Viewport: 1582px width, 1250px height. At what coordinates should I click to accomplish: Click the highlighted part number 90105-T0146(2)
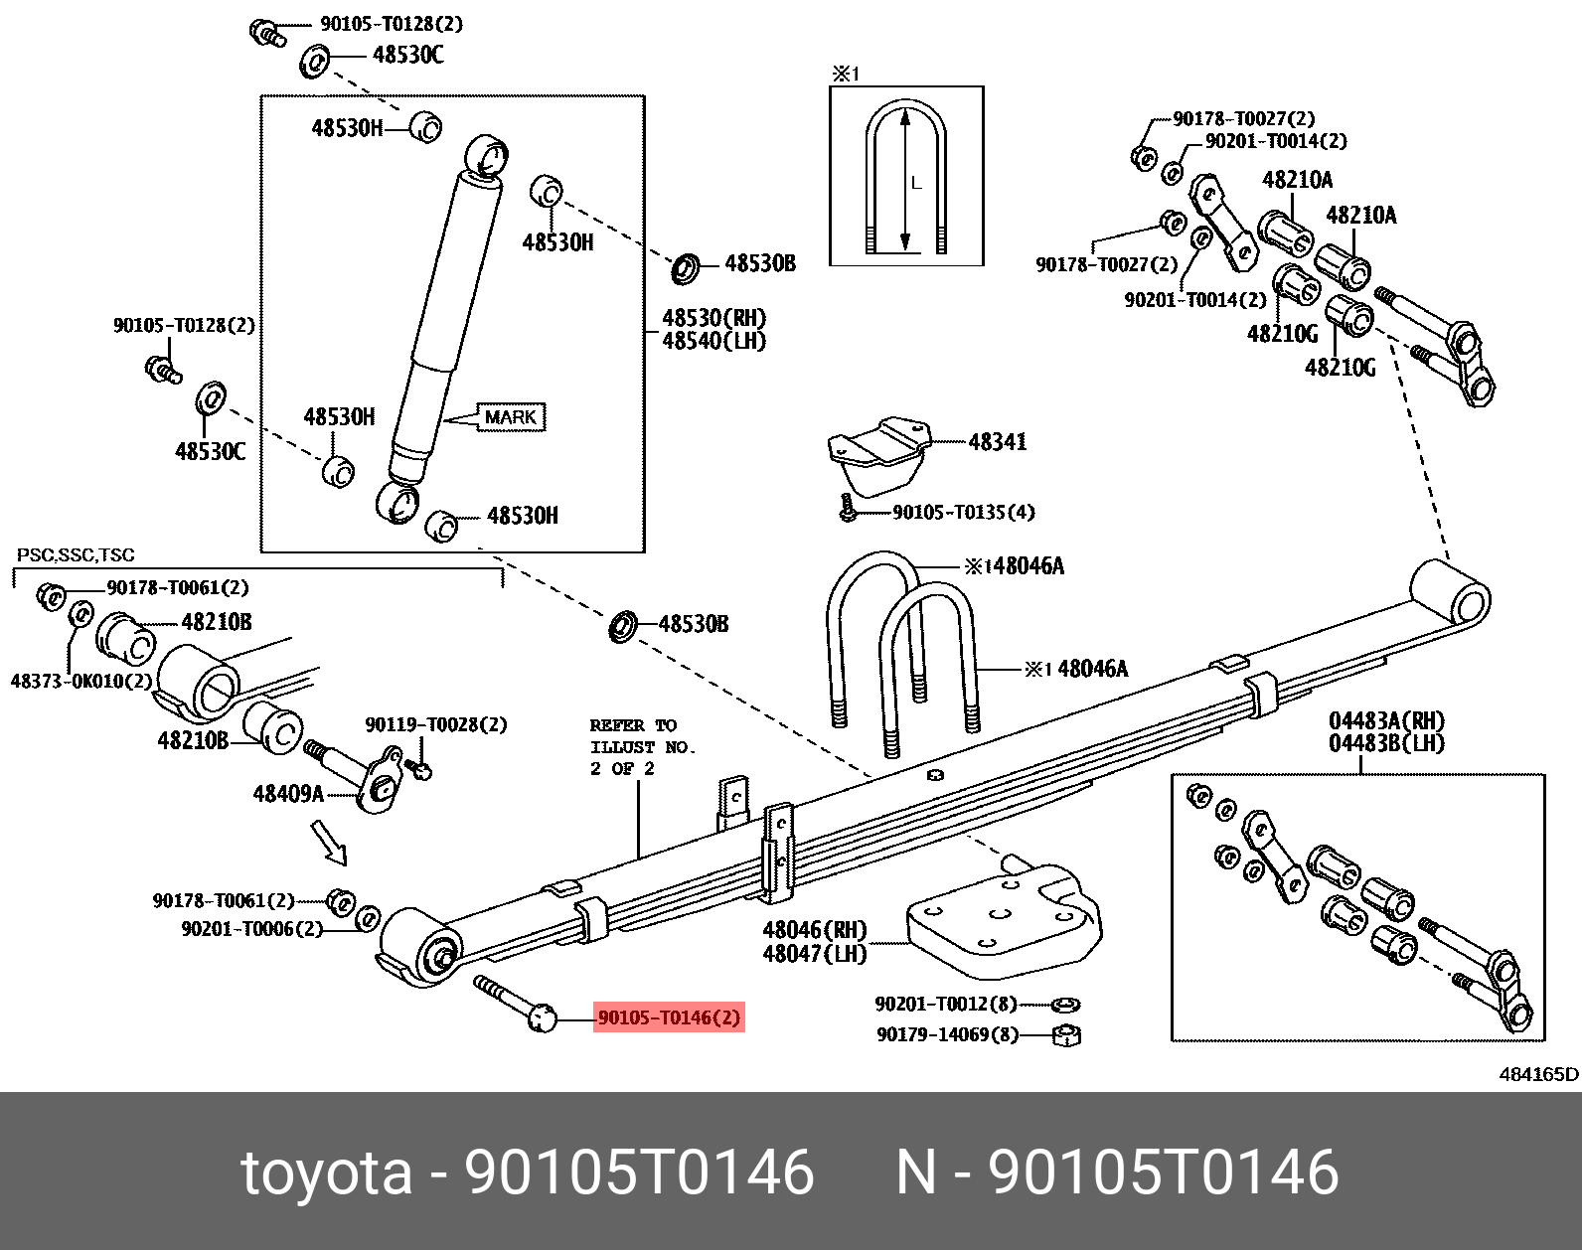[x=669, y=1017]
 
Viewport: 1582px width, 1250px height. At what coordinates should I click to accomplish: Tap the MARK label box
[x=511, y=417]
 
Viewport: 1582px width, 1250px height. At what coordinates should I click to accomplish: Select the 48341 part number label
[x=997, y=442]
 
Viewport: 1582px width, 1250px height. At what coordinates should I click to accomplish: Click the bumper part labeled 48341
[x=876, y=456]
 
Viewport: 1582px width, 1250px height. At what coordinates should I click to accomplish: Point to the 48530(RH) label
[x=713, y=318]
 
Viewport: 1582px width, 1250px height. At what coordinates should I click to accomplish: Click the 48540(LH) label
[x=713, y=341]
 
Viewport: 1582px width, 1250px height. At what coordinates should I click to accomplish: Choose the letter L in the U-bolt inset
[x=916, y=183]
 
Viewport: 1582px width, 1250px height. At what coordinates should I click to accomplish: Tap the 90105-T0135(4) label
[x=963, y=512]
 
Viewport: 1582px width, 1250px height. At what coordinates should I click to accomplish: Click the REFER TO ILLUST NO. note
[x=642, y=746]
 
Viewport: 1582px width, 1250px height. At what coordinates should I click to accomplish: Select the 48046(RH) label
[x=814, y=930]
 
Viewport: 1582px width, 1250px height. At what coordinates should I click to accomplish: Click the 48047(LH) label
[x=814, y=954]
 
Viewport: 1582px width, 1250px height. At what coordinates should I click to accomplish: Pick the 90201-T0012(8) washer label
[x=946, y=1004]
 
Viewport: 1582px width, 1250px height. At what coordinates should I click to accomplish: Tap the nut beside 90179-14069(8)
[x=1066, y=1035]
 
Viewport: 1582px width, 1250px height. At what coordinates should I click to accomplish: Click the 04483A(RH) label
[x=1386, y=720]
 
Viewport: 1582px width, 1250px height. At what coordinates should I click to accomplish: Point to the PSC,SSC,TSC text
[x=76, y=554]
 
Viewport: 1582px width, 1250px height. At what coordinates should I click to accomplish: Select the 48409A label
[x=288, y=793]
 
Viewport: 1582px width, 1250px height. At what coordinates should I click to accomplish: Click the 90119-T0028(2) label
[x=435, y=724]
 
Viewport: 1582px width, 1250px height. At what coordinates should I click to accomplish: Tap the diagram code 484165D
[x=1538, y=1073]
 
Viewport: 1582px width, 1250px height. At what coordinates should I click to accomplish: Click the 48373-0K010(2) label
[x=80, y=681]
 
